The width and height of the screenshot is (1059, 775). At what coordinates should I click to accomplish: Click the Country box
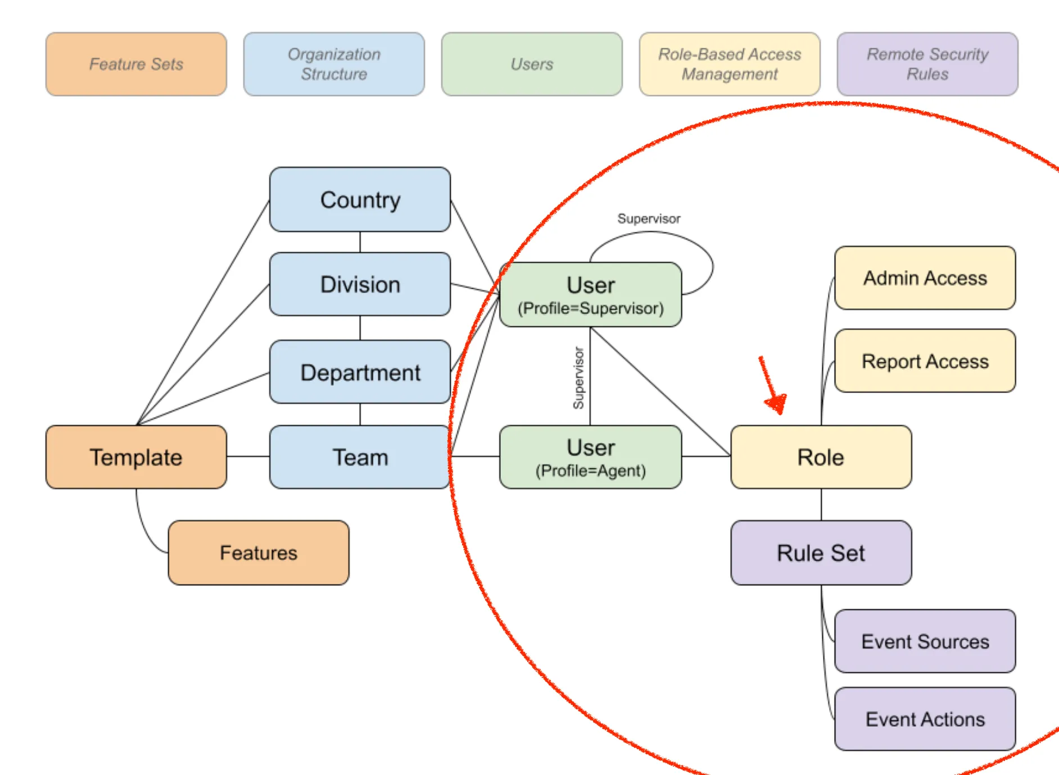[x=360, y=199]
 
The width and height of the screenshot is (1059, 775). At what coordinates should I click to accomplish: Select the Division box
[x=360, y=284]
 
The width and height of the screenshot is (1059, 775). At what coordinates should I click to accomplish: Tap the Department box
[x=360, y=372]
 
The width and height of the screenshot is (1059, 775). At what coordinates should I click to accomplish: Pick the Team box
[x=360, y=457]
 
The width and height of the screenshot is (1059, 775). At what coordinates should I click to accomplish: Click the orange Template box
[x=136, y=457]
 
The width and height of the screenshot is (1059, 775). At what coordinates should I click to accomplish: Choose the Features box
[x=259, y=553]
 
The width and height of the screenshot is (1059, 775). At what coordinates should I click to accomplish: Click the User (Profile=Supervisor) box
[x=590, y=295]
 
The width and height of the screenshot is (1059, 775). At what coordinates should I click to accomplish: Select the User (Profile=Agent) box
[x=590, y=457]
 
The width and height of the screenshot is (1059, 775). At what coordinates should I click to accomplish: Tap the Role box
[x=821, y=457]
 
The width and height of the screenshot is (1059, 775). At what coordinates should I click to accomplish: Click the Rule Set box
[x=821, y=553]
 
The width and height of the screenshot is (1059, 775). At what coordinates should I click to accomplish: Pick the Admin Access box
[x=925, y=278]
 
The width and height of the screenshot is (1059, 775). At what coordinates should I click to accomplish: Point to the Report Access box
[x=925, y=361]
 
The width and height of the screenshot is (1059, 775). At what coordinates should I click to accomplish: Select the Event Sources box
[x=925, y=641]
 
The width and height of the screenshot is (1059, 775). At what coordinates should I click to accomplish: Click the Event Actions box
[x=925, y=719]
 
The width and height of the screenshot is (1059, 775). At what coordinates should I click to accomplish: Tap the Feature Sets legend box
[x=136, y=64]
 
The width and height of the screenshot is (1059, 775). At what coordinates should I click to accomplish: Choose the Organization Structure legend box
[x=334, y=64]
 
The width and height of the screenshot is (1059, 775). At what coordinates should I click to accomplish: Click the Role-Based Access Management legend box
[x=730, y=64]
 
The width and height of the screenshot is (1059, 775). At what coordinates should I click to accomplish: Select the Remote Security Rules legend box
[x=927, y=64]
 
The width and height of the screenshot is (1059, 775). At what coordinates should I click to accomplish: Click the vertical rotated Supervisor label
[x=578, y=378]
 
